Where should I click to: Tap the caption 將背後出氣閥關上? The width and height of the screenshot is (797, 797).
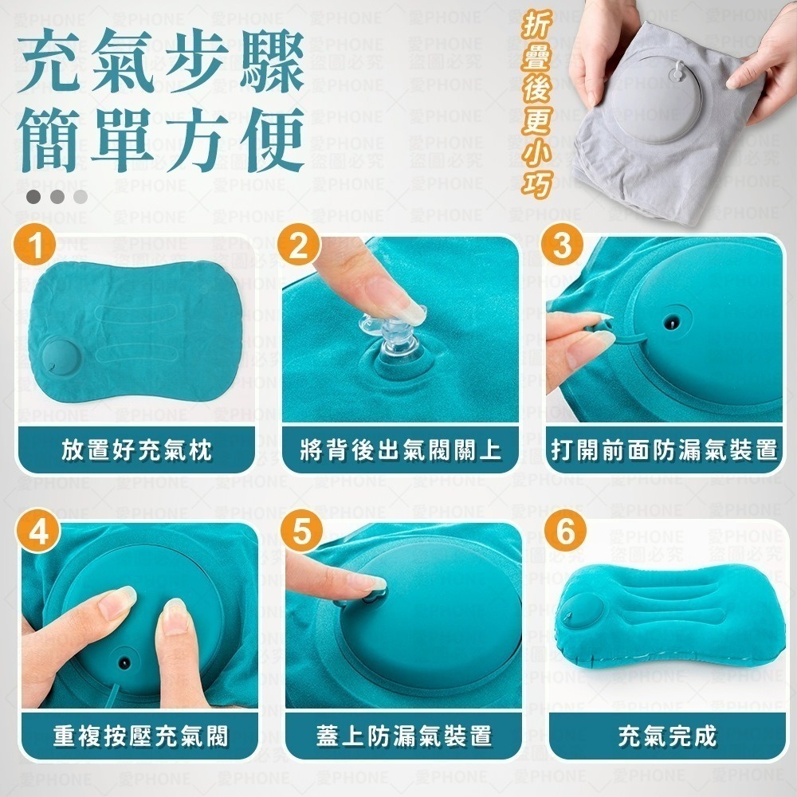(401, 451)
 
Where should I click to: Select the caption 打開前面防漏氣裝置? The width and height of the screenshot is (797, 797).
(665, 451)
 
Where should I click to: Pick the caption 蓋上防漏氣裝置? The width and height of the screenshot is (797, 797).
(401, 736)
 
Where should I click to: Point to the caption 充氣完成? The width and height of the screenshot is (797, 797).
(665, 736)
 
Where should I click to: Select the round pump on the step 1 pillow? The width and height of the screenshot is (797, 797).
(61, 358)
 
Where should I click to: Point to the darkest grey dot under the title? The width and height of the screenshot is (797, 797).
(33, 196)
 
